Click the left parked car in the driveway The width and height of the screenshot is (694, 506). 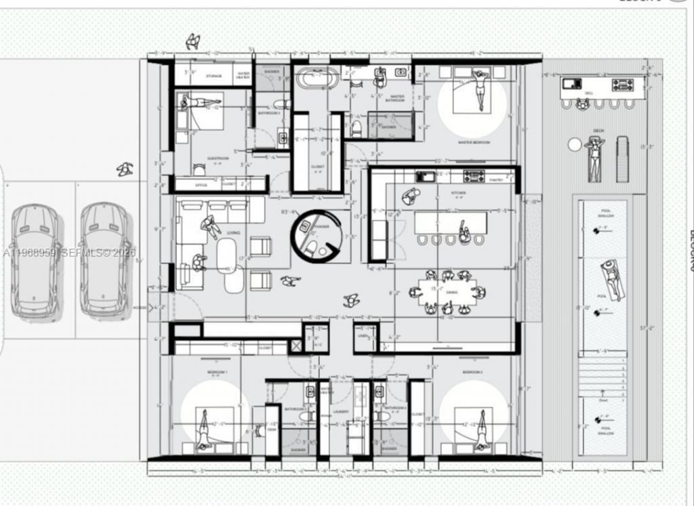click(x=35, y=260)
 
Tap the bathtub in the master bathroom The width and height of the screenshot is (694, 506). click(x=317, y=77)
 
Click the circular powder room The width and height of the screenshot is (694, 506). click(x=316, y=236)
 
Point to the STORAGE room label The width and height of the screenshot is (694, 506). click(x=214, y=76)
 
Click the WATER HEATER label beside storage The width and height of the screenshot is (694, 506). click(x=243, y=76)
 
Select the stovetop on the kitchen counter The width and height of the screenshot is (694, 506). click(x=474, y=176)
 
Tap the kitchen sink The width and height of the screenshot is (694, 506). click(x=426, y=176)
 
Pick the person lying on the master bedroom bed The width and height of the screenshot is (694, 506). click(x=481, y=88)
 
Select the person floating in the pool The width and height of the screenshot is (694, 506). click(x=611, y=278)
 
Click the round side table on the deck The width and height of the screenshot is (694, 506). click(x=575, y=144)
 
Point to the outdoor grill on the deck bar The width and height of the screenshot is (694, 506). click(x=623, y=85)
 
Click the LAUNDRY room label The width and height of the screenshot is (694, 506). click(x=341, y=411)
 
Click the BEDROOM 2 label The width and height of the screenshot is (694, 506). click(x=472, y=373)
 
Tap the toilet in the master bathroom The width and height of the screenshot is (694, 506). click(x=356, y=127)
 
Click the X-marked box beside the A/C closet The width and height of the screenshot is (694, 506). click(x=296, y=346)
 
